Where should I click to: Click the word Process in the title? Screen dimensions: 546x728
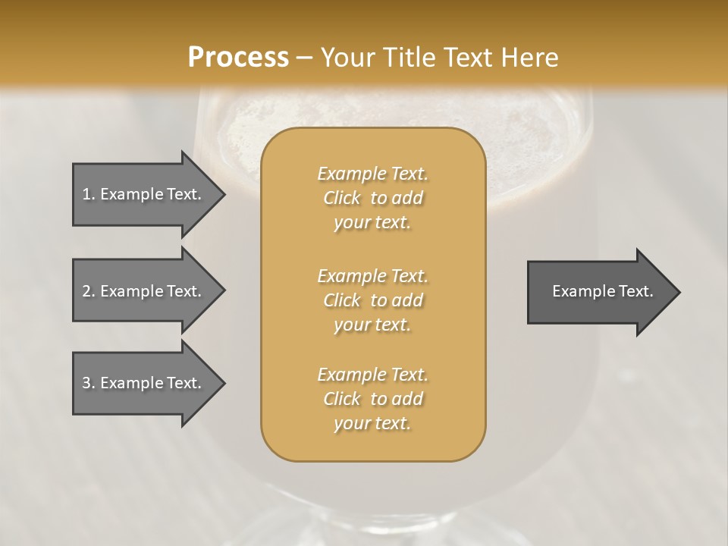pyautogui.click(x=238, y=58)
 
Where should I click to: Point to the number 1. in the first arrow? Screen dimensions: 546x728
pyautogui.click(x=89, y=194)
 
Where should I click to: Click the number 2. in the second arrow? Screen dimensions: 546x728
pyautogui.click(x=89, y=291)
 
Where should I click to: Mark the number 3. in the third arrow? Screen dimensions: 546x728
pyautogui.click(x=89, y=383)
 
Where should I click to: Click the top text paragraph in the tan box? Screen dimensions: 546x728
pyautogui.click(x=372, y=198)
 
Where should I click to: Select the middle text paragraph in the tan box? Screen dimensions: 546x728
pyautogui.click(x=372, y=300)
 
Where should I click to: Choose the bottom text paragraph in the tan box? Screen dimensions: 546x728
pyautogui.click(x=372, y=399)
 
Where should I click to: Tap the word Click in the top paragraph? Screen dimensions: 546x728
pyautogui.click(x=342, y=198)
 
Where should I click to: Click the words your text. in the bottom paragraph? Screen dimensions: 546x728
pyautogui.click(x=372, y=424)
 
